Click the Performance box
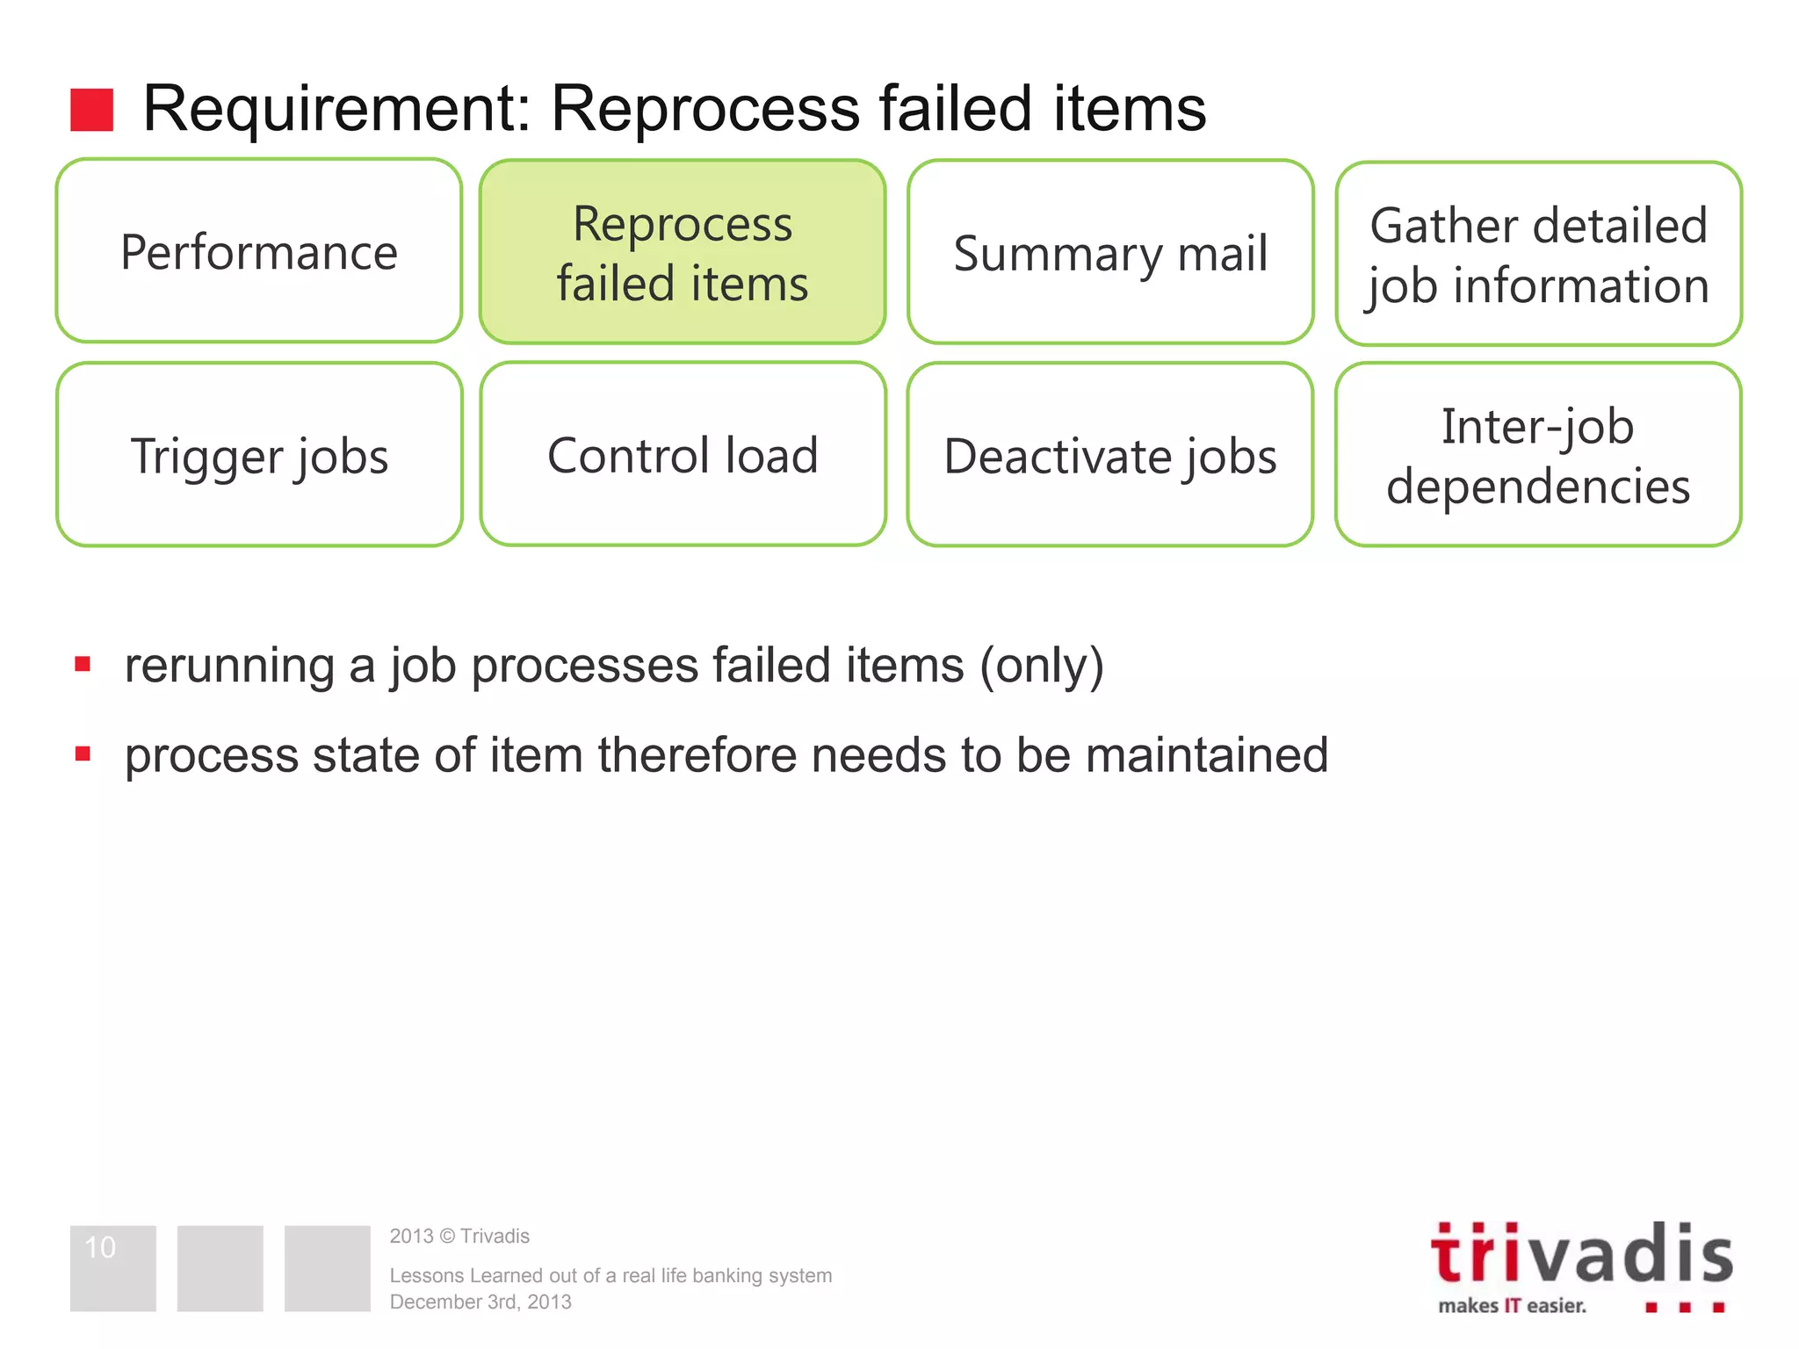[259, 252]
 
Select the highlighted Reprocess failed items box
[683, 252]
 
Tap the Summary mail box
[1110, 253]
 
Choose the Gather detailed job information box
[1538, 255]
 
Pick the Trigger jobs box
[259, 455]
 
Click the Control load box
[683, 455]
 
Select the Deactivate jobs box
[1110, 456]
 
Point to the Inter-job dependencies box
[1538, 456]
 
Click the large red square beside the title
[92, 110]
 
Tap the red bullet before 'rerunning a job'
[83, 664]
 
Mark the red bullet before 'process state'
[83, 754]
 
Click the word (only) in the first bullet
[1042, 666]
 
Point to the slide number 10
[100, 1247]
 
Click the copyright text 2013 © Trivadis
[459, 1237]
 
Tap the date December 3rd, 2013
[480, 1302]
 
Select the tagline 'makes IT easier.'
[1512, 1306]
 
